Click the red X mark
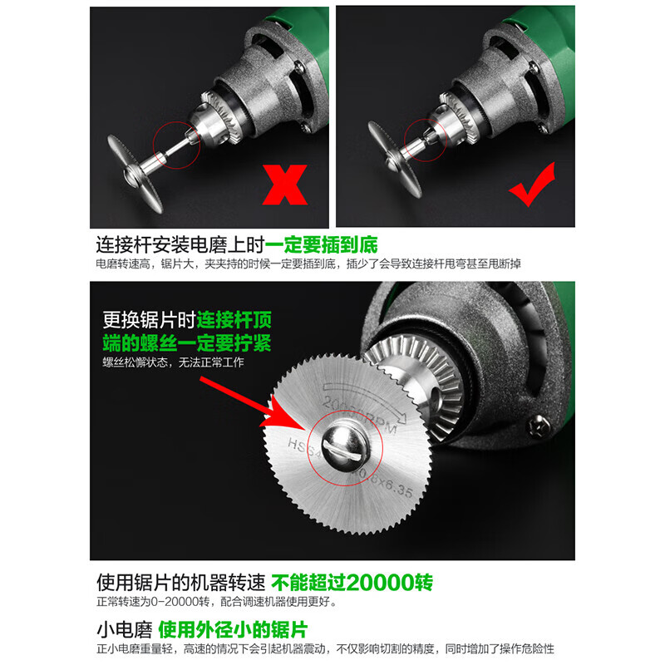[283, 183]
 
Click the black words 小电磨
[121, 628]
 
